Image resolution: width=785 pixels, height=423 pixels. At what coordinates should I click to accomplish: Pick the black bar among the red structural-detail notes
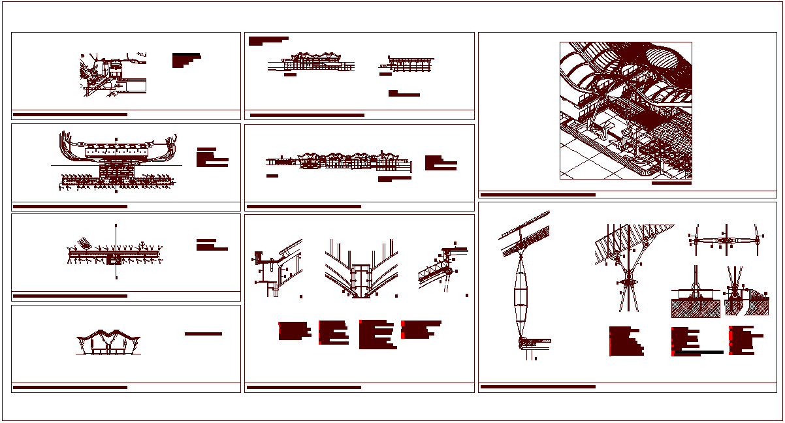(699, 352)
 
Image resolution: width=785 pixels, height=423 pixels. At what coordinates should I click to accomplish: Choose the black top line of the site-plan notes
(186, 54)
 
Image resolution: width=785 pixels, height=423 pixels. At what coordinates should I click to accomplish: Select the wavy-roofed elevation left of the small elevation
(312, 62)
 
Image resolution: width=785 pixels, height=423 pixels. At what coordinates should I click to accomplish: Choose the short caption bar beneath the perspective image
(671, 183)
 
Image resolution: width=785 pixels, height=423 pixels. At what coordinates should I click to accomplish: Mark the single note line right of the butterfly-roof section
(203, 334)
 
